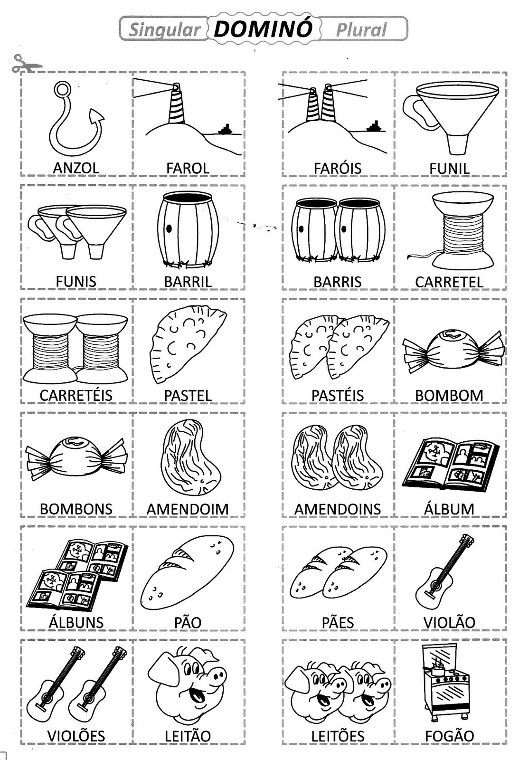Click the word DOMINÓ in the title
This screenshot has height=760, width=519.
coord(263,29)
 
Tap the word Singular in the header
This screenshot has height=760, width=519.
coord(164,30)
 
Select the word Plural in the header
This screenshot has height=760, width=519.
coord(361,30)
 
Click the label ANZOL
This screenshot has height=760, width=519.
coord(76,168)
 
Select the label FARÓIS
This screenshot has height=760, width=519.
coord(338,168)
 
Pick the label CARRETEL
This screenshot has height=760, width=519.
coord(449,282)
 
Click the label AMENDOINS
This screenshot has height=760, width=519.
coord(338,509)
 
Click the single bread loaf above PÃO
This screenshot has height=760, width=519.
coord(187,573)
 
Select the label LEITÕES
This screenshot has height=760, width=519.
coord(338,736)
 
